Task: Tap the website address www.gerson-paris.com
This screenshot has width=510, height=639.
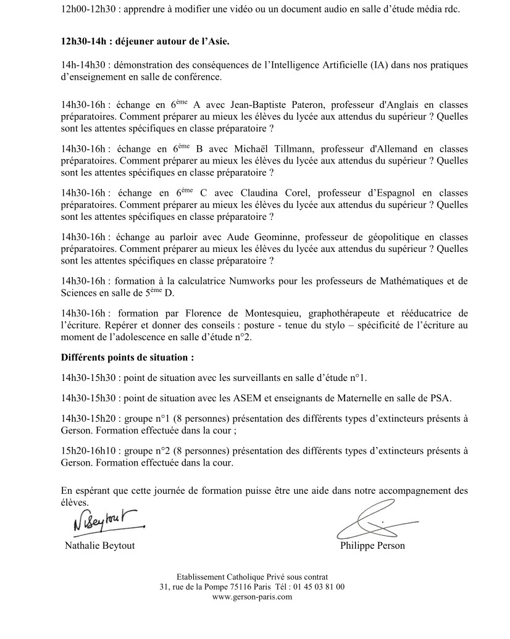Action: pyautogui.click(x=252, y=597)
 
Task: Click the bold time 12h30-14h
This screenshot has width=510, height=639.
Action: pyautogui.click(x=86, y=41)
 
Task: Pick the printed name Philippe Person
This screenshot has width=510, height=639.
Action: pyautogui.click(x=372, y=546)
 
